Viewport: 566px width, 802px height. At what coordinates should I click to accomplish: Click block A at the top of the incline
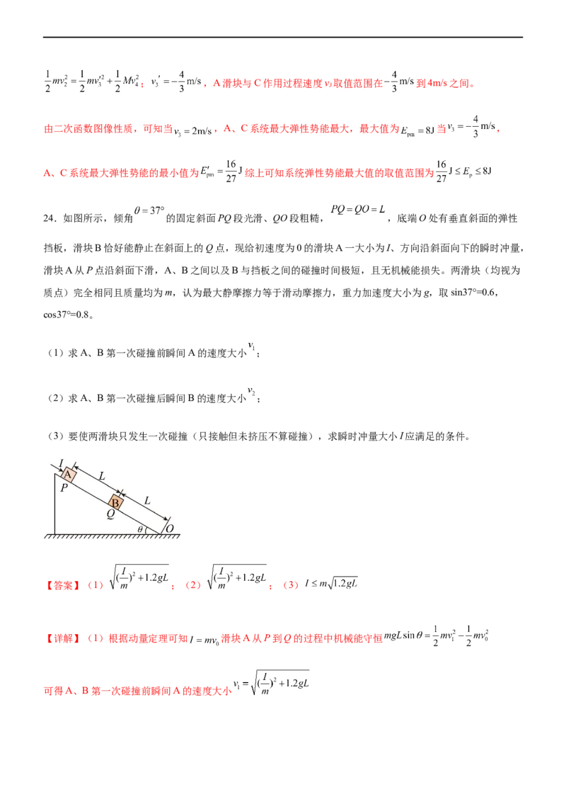tap(69, 475)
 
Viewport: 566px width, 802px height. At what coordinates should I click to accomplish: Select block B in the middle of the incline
tap(116, 503)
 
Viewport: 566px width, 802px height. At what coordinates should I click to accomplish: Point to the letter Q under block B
tap(110, 516)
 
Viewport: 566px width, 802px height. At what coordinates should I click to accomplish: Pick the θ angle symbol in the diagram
tap(140, 529)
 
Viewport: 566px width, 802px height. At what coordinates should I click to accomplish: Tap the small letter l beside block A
tap(61, 463)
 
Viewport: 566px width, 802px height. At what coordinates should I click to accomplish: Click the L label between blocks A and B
tap(102, 477)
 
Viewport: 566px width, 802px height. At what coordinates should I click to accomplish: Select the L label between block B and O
tap(147, 500)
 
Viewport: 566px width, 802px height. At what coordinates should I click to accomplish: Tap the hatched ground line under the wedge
tap(113, 536)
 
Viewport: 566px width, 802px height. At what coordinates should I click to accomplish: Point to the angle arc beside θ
tap(146, 529)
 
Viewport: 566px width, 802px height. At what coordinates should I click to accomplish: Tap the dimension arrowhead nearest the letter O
tap(167, 518)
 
